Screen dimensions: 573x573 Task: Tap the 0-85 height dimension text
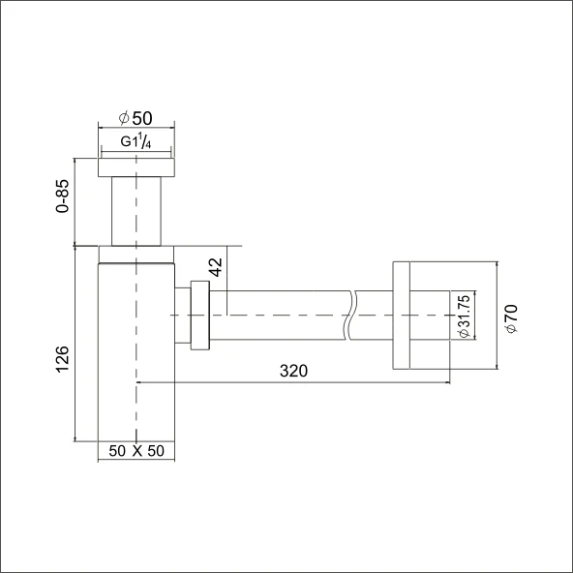63,196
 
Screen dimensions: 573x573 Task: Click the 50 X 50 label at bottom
136,451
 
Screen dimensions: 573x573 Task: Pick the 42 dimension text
216,267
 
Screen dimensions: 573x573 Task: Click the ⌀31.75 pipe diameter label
464,315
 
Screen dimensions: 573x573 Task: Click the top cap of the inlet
136,167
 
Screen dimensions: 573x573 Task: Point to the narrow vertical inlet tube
136,210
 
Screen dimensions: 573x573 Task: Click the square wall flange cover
403,315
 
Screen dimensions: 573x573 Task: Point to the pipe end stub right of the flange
432,315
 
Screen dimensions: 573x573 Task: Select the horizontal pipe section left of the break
281,315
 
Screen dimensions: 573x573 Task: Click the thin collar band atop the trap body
136,254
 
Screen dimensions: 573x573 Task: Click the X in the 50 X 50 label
136,451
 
